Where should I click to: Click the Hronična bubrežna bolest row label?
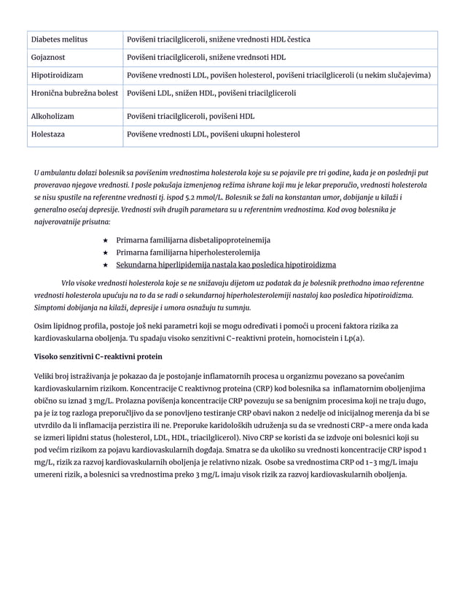pos(74,93)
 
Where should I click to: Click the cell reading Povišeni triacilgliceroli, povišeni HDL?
pos(190,115)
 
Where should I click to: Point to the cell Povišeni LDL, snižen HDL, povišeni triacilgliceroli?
pos(211,93)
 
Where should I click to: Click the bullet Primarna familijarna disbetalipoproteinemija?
pos(193,239)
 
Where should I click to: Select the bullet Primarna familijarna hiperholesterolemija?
pos(188,252)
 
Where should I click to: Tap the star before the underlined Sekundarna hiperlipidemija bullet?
pos(106,264)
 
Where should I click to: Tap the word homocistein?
pos(317,338)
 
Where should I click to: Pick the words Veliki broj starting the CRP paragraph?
pos(55,375)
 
